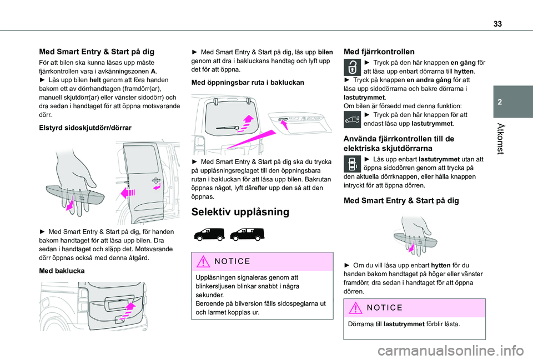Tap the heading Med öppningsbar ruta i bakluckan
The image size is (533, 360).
point(247,82)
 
